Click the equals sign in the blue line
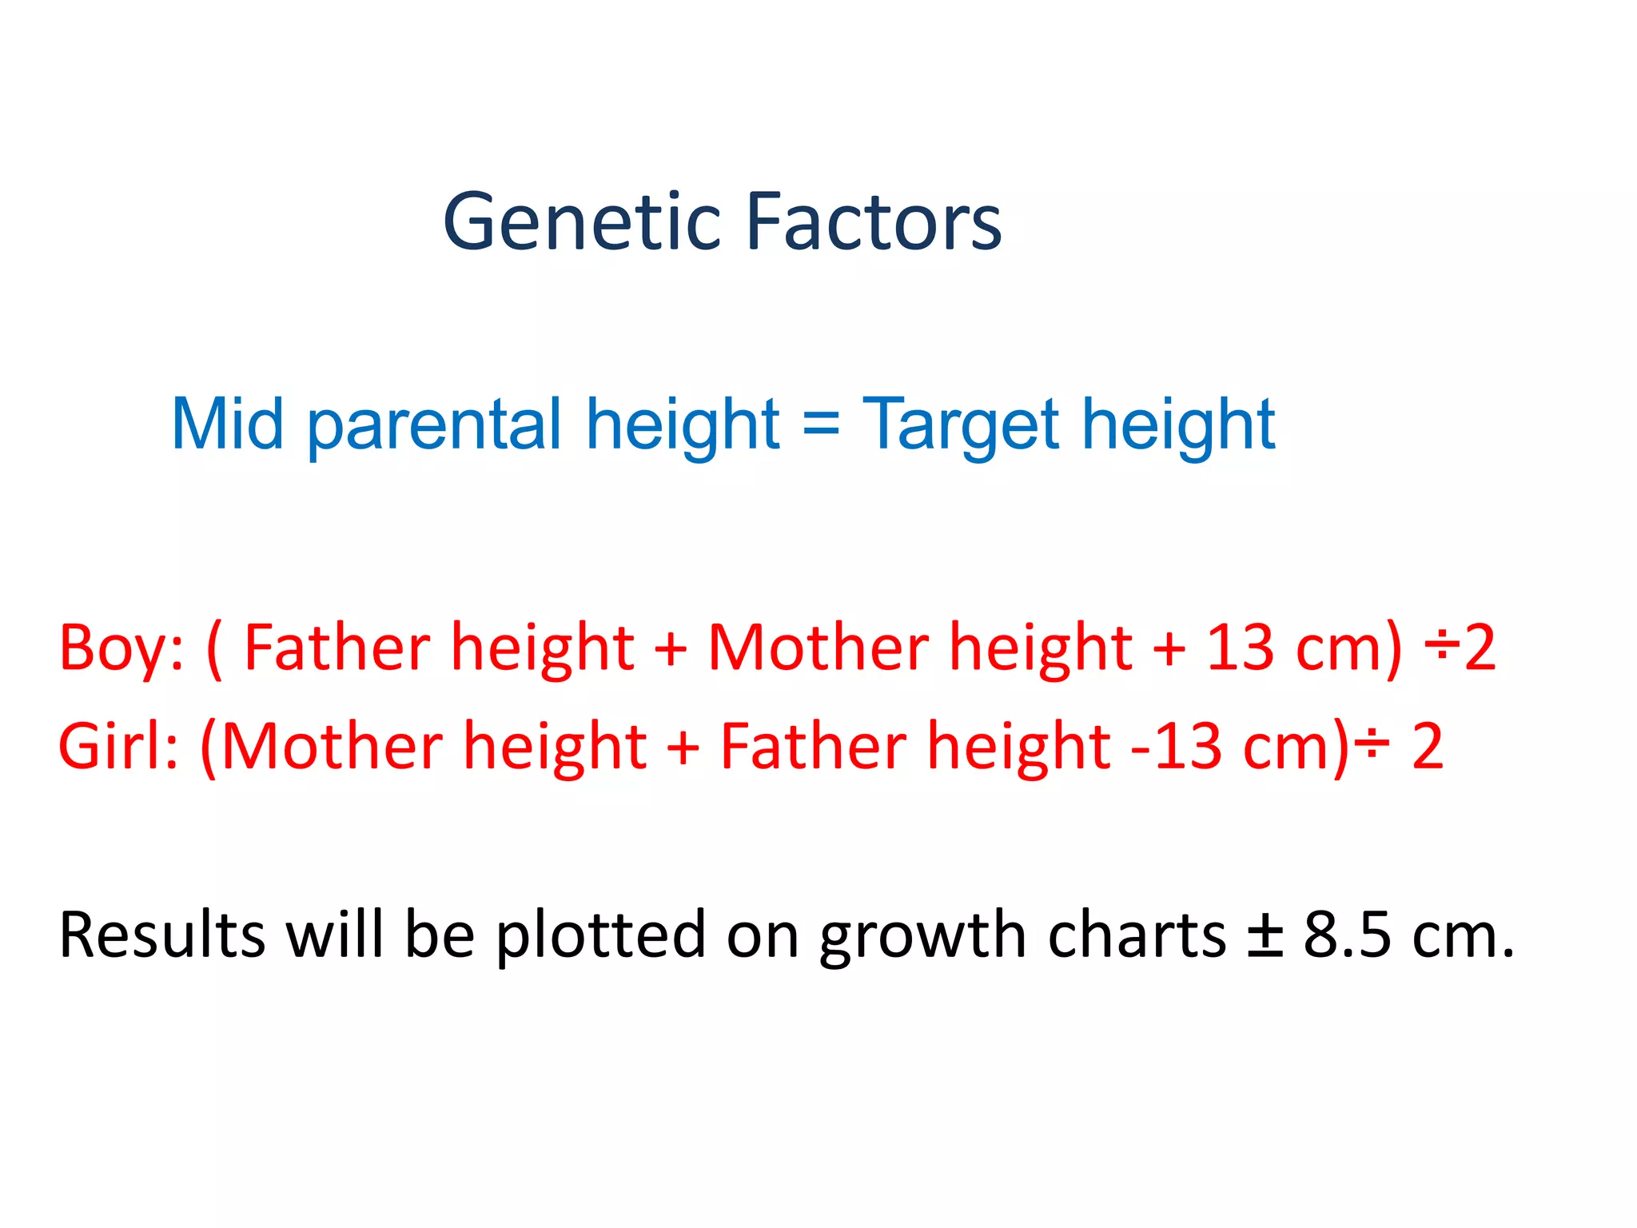point(821,424)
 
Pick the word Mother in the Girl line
point(333,746)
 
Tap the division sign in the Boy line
point(1444,648)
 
